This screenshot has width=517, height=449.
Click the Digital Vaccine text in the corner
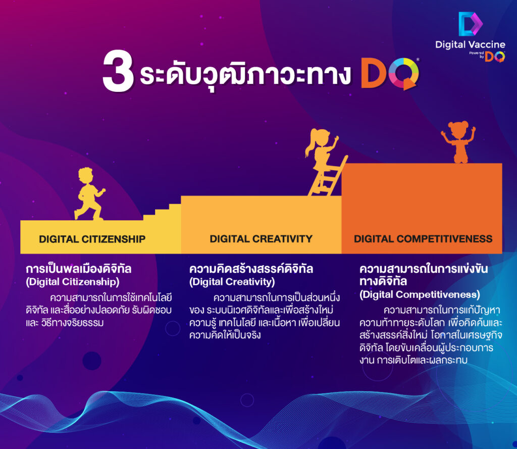[x=470, y=44]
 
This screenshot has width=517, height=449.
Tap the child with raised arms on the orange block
[x=459, y=142]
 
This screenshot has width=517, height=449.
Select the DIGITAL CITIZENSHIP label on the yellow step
[x=92, y=239]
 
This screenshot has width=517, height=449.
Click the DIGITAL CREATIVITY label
[x=261, y=238]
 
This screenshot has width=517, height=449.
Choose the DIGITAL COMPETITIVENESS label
[x=423, y=238]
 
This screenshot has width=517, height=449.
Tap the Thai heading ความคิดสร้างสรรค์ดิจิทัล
[x=251, y=269]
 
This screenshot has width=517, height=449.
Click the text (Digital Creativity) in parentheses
[x=232, y=281]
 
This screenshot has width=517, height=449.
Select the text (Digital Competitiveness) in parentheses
[x=420, y=294]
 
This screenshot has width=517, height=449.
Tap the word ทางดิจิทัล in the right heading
[x=384, y=281]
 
